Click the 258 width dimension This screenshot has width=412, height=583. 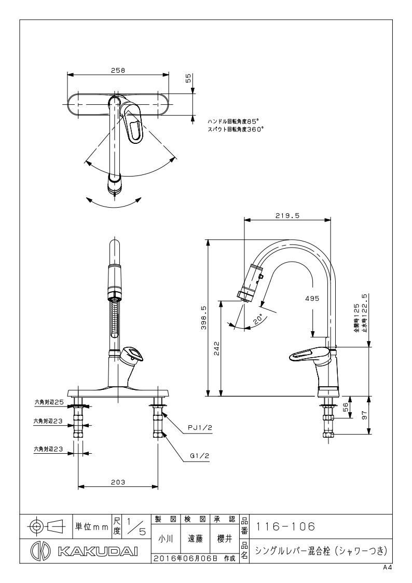click(x=118, y=70)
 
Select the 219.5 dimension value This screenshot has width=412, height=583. click(x=287, y=215)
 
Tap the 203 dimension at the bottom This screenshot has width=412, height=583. click(x=118, y=482)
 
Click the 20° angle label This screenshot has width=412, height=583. click(x=258, y=319)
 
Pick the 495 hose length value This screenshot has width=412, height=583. click(x=312, y=298)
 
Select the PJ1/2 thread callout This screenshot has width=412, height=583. click(x=200, y=428)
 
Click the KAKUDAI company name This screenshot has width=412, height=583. click(x=98, y=551)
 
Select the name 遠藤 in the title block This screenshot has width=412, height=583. click(x=195, y=539)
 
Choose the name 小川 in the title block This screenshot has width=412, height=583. click(x=166, y=539)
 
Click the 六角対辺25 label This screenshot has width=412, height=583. click(x=49, y=402)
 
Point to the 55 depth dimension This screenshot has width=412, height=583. click(x=188, y=78)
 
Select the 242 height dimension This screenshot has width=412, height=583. click(x=217, y=349)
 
